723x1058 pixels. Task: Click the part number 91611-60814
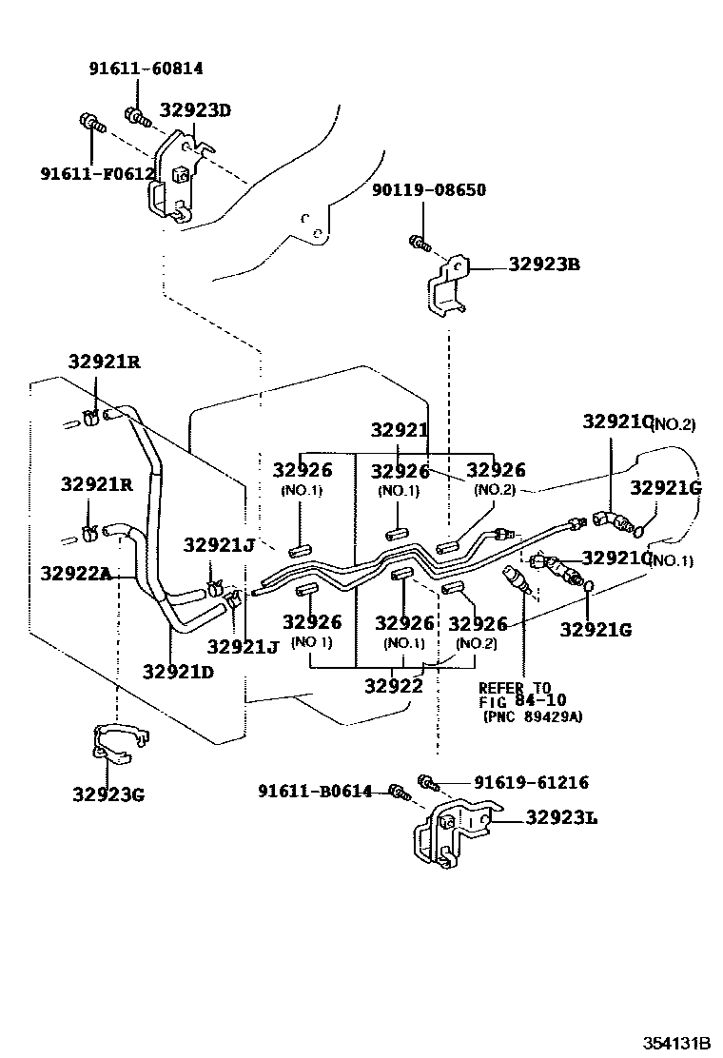[146, 69]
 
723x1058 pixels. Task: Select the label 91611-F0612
[97, 173]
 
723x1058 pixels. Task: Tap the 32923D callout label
[195, 109]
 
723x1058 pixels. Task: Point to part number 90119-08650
[428, 190]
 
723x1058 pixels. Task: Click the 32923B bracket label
[543, 264]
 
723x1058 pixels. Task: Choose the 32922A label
[75, 573]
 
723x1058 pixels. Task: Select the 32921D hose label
[178, 670]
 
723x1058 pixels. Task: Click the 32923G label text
[107, 793]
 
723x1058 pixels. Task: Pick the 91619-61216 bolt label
[531, 783]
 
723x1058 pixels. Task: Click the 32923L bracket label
[561, 817]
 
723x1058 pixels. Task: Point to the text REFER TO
[514, 688]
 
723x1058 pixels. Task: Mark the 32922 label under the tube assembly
[392, 684]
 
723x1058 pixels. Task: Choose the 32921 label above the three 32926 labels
[400, 430]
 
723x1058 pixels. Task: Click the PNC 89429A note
[533, 716]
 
